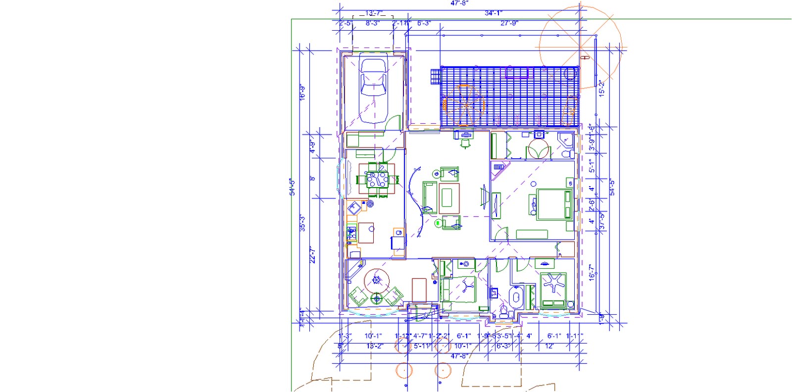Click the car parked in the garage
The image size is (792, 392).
pos(374,91)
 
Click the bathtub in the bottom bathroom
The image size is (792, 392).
pos(516,299)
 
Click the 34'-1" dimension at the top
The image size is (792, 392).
pos(493,13)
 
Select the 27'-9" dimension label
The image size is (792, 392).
pos(509,23)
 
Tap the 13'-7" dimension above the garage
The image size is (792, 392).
pos(374,13)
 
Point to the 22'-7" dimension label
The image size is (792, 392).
pos(312,255)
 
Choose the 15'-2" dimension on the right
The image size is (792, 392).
pos(602,88)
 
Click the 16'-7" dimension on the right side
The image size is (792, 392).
pos(592,272)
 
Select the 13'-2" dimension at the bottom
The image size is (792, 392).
pos(375,346)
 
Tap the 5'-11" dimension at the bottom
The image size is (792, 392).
pos(422,346)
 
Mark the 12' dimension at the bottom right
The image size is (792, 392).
pos(549,346)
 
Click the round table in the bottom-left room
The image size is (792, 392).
pos(377,281)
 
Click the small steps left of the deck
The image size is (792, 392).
pos(435,77)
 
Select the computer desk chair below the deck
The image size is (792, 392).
pos(465,143)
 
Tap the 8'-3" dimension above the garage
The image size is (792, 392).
pos(372,23)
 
